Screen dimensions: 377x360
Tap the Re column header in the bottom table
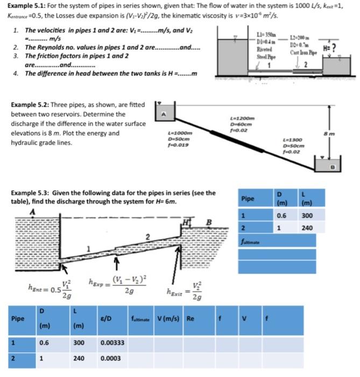[190, 318]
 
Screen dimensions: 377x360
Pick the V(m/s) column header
[167, 318]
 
